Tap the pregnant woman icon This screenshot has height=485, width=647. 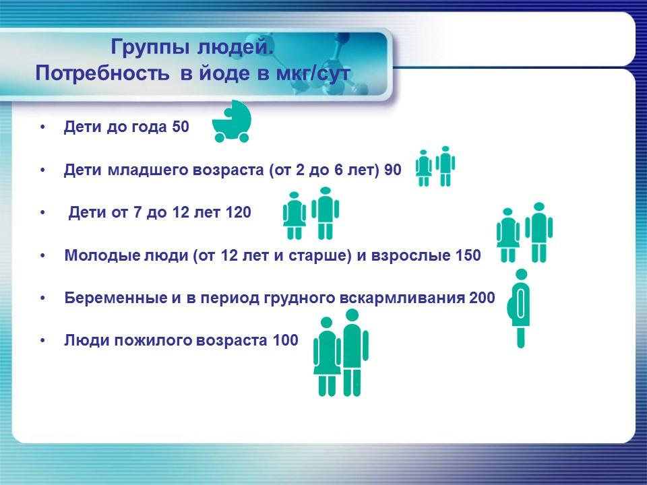pyautogui.click(x=520, y=308)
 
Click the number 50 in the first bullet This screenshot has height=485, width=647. pyautogui.click(x=181, y=127)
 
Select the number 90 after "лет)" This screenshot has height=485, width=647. pyautogui.click(x=392, y=170)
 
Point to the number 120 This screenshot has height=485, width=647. pyautogui.click(x=239, y=213)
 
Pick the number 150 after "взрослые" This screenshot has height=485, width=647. pyautogui.click(x=469, y=256)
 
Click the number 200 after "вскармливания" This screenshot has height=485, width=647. pyautogui.click(x=483, y=298)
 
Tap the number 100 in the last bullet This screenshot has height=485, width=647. pyautogui.click(x=285, y=341)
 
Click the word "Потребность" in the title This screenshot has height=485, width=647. pyautogui.click(x=102, y=73)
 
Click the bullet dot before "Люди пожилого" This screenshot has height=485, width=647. pyautogui.click(x=43, y=341)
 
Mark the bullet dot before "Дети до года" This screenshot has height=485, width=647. pyautogui.click(x=43, y=127)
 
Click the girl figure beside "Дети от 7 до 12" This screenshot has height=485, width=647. pyautogui.click(x=294, y=216)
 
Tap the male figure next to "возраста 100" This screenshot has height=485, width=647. pyautogui.click(x=352, y=356)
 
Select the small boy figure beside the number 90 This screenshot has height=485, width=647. pyautogui.click(x=445, y=166)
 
